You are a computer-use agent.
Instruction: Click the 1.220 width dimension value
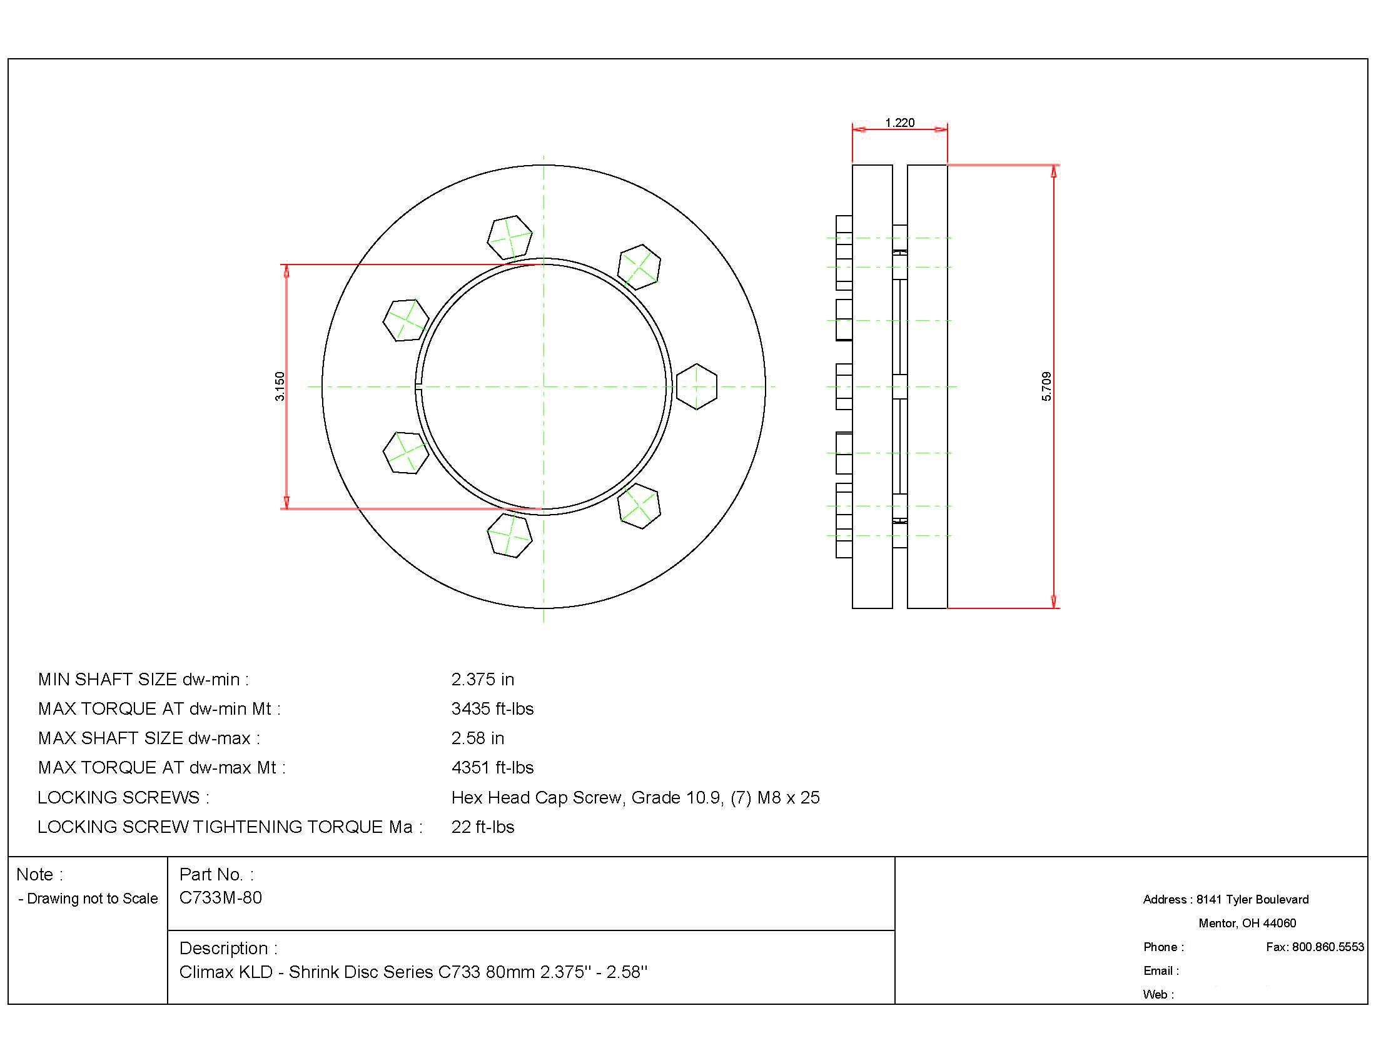pos(899,123)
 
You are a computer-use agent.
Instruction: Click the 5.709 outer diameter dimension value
pos(1046,386)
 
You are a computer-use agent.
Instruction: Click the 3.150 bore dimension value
pos(280,386)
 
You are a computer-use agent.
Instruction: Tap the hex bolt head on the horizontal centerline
pos(696,386)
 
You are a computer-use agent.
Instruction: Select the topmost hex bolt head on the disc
pos(510,238)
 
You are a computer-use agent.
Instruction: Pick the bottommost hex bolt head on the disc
pos(510,535)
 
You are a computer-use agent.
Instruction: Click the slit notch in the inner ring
pos(418,386)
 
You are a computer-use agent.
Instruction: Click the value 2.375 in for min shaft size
pos(483,680)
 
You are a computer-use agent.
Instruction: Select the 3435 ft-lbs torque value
pos(492,709)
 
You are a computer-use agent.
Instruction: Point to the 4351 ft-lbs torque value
pos(492,768)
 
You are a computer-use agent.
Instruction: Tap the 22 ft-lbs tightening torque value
pos(483,827)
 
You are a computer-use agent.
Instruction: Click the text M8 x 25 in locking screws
pos(788,798)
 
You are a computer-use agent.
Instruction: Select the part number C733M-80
pos(221,898)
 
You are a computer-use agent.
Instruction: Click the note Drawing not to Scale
pos(92,899)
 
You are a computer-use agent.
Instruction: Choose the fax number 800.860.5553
pos(1327,947)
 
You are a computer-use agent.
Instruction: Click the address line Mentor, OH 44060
pos(1247,923)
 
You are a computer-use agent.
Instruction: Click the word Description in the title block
pos(224,949)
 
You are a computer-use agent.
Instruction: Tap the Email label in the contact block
pos(1160,971)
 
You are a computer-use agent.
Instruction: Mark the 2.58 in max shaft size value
pos(478,738)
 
